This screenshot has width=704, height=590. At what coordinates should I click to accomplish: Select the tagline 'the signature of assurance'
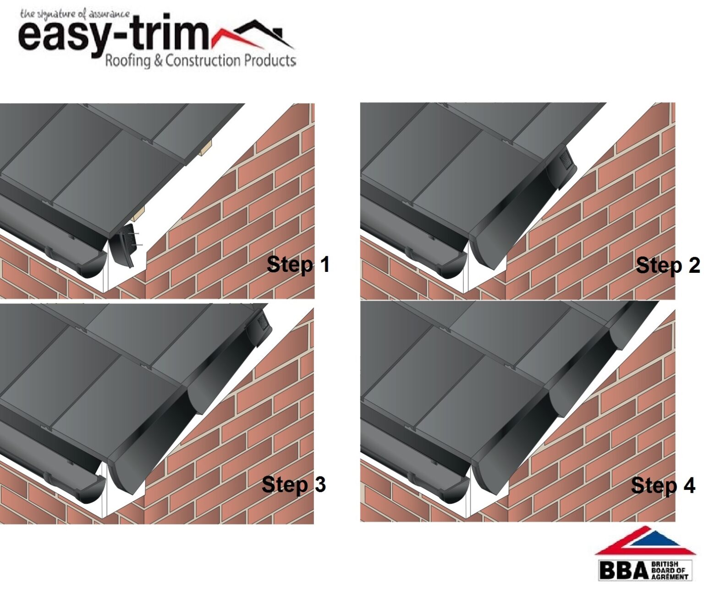coord(75,14)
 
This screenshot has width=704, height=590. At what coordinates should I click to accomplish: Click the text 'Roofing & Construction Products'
coord(200,60)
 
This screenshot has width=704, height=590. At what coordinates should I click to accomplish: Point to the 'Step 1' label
coord(298,265)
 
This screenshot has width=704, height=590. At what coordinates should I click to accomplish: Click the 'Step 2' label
coord(667,265)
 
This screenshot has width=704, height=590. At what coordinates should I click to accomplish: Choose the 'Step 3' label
coord(293,484)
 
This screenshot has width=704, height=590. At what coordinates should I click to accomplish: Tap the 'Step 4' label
coord(663,485)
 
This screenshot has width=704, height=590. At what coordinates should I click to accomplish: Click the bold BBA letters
coord(623,570)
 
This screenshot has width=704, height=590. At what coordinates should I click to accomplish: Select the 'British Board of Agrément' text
coord(669,570)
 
